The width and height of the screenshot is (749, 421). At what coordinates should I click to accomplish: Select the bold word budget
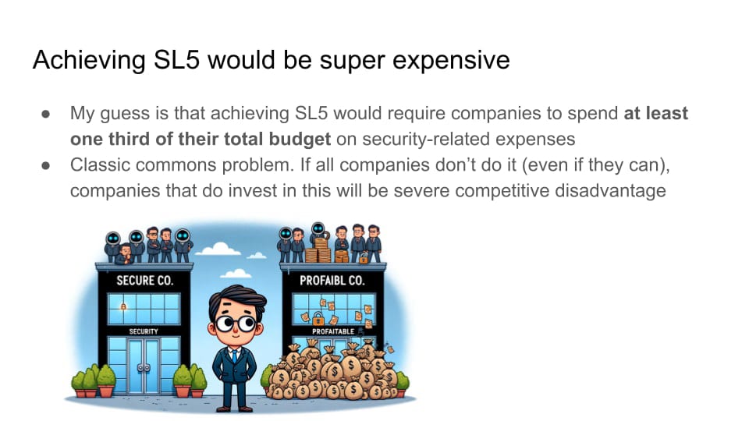click(300, 139)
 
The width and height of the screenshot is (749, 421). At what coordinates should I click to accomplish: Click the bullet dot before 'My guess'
click(46, 114)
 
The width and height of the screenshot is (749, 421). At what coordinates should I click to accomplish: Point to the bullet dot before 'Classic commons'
click(46, 165)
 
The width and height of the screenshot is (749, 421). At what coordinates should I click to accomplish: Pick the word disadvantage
click(610, 190)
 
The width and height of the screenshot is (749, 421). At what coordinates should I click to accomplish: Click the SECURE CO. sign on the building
click(144, 280)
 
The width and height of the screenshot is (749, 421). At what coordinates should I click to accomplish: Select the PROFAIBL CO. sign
click(332, 280)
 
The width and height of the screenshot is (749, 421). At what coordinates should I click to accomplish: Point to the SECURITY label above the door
click(144, 331)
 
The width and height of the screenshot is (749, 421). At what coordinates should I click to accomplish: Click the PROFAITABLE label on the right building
click(333, 331)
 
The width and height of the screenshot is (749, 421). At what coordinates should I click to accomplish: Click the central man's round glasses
click(235, 323)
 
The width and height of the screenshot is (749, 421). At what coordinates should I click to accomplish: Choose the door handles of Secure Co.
click(144, 367)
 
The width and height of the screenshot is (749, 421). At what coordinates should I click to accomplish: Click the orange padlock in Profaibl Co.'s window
click(318, 317)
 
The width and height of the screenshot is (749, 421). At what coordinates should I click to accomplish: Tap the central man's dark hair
click(237, 299)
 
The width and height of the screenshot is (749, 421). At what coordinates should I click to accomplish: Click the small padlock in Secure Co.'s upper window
click(123, 306)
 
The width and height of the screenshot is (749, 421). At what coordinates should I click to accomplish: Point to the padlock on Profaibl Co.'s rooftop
click(364, 259)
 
